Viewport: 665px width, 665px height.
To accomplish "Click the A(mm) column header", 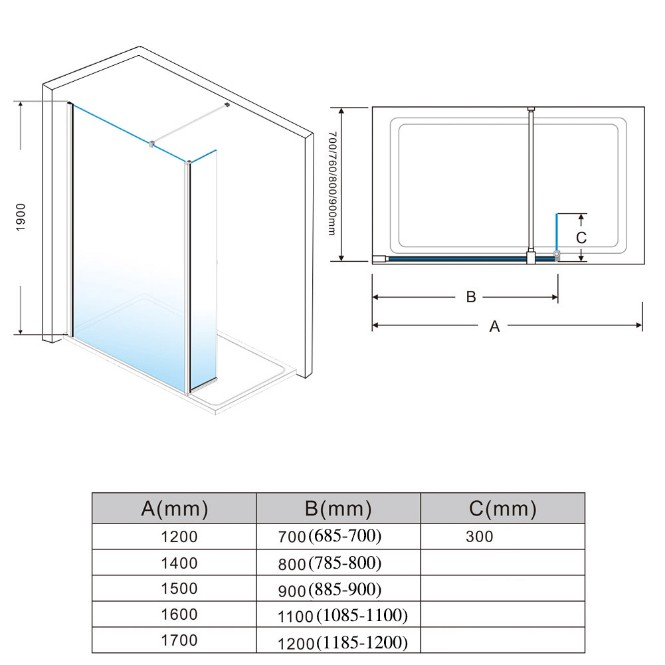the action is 174,508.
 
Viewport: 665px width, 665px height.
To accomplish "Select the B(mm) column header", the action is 338,508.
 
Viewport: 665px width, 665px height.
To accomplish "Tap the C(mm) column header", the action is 502,508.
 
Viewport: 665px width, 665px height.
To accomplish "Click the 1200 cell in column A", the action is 179,537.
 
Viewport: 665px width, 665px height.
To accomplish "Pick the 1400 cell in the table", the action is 179,563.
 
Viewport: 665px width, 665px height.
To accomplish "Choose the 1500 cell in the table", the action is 179,589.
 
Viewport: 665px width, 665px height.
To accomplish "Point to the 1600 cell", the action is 179,615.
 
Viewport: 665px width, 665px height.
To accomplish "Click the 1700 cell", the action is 179,640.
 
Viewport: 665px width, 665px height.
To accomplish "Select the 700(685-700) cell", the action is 330,537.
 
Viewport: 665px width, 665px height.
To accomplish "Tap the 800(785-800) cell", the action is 330,563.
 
